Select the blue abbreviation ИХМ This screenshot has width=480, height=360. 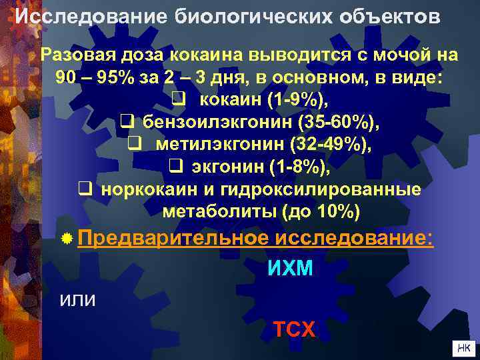tap(290, 269)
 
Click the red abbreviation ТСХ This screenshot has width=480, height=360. tap(295, 328)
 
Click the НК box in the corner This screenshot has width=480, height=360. tap(463, 347)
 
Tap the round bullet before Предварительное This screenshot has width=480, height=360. tap(67, 239)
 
